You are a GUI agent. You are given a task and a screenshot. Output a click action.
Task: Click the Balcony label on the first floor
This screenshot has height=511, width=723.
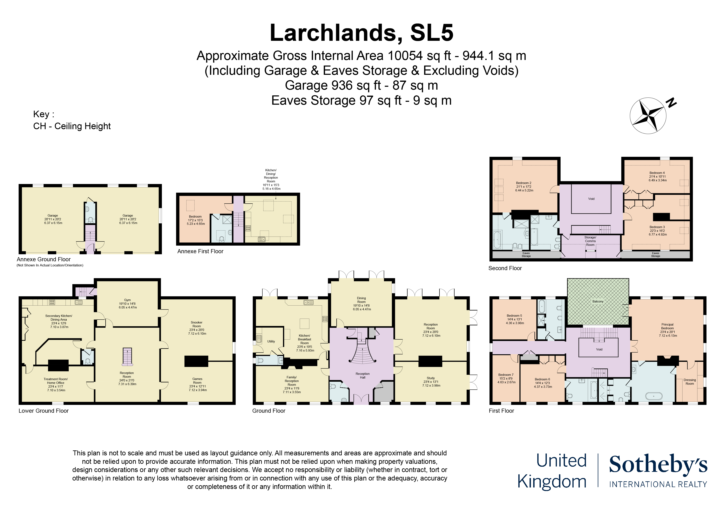pos(598,301)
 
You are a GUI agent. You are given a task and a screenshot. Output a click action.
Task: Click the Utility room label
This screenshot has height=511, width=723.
pos(271,341)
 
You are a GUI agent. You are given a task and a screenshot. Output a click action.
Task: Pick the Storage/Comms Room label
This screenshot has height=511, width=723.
pos(590,241)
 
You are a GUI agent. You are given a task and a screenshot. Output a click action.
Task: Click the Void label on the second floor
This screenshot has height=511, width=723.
pos(591,199)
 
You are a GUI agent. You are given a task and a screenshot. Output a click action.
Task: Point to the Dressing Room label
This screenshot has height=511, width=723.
pos(690,382)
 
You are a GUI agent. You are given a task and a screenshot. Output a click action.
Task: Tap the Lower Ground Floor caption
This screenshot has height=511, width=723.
pos(43,411)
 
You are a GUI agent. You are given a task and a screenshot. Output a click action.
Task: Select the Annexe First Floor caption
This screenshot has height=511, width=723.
pos(200,251)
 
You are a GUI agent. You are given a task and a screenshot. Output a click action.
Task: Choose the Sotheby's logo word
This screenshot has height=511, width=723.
pos(658,464)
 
